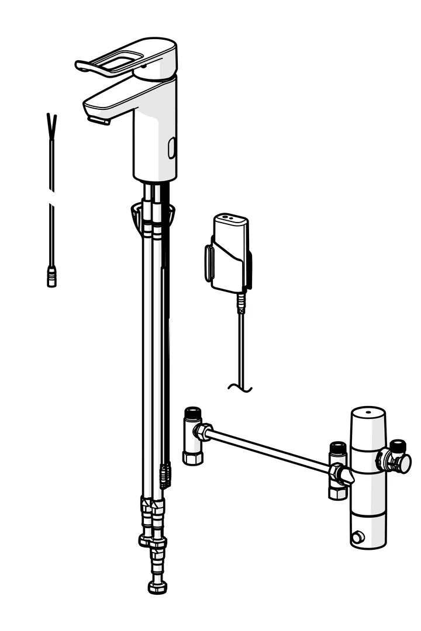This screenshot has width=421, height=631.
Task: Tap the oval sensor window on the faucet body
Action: [x=171, y=148]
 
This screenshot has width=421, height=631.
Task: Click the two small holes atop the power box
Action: [x=230, y=218]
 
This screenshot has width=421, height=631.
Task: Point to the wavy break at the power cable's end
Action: [x=240, y=387]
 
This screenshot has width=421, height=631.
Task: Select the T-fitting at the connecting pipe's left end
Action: [x=192, y=438]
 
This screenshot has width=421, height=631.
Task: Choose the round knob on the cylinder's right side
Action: [x=402, y=463]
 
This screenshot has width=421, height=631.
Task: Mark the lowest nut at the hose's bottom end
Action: [x=157, y=586]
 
